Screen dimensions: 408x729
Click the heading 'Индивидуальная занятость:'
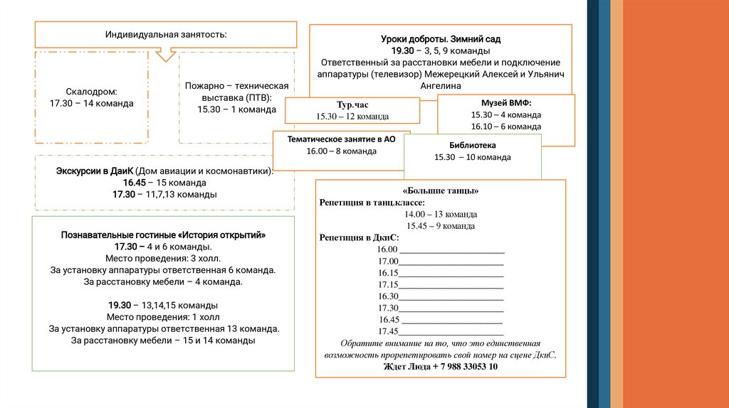click(167, 35)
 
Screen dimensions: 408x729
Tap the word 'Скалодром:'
click(91, 92)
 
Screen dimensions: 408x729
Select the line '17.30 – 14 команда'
click(91, 103)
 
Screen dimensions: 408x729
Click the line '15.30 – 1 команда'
click(236, 109)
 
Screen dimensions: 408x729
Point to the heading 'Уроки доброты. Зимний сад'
click(441, 40)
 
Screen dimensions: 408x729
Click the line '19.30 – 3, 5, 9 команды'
click(441, 51)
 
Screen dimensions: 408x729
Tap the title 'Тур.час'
click(352, 104)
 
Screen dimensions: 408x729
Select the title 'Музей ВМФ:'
click(506, 102)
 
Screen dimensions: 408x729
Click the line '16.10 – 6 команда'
click(506, 126)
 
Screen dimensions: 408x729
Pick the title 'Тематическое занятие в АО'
click(341, 139)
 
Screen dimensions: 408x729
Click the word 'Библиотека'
click(473, 145)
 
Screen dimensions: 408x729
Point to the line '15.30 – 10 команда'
click(473, 157)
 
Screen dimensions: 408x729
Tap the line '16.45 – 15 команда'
click(164, 183)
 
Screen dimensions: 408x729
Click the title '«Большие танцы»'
click(440, 190)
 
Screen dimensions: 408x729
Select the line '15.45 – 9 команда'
click(440, 226)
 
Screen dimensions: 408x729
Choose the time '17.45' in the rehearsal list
click(388, 331)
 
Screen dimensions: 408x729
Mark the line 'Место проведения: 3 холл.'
click(163, 258)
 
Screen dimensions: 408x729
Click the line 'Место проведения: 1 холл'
click(163, 317)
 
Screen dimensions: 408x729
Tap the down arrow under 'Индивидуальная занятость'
click(167, 54)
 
